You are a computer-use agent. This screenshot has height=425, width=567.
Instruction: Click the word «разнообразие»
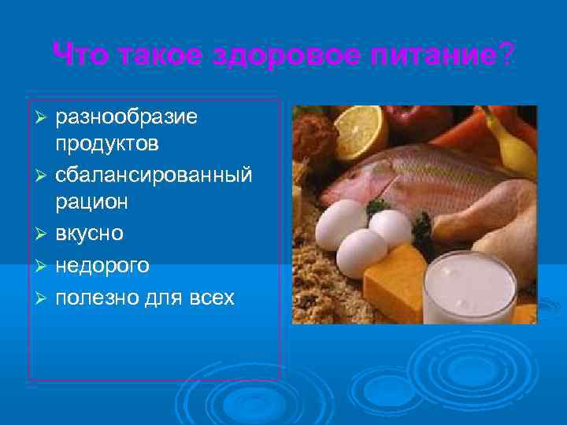click(127, 117)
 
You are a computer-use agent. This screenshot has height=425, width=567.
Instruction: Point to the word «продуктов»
click(107, 145)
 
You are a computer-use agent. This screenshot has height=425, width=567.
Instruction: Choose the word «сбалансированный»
click(154, 173)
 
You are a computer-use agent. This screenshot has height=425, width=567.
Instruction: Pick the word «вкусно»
click(89, 234)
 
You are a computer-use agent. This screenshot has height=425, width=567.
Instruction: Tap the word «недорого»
click(102, 266)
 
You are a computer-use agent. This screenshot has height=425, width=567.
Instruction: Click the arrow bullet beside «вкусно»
click(44, 235)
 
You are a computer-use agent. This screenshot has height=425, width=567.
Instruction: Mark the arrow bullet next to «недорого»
click(44, 267)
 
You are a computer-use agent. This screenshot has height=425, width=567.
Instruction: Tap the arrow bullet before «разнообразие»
click(44, 118)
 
